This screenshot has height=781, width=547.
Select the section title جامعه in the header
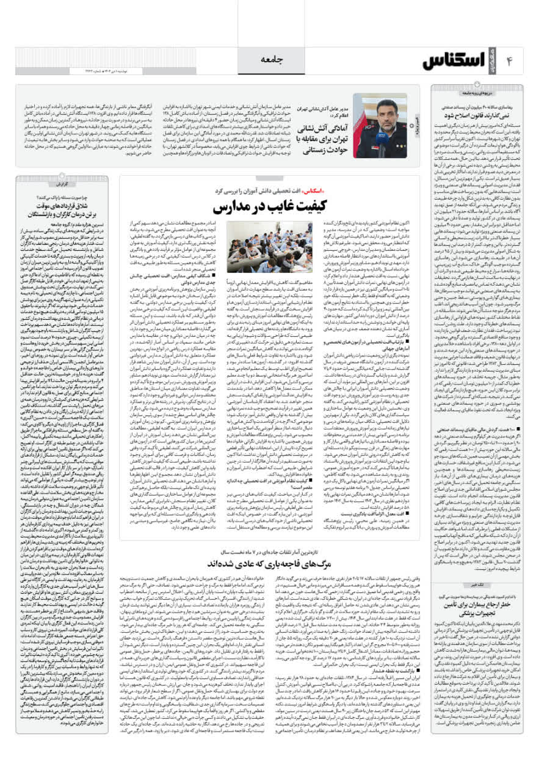point(273,59)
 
